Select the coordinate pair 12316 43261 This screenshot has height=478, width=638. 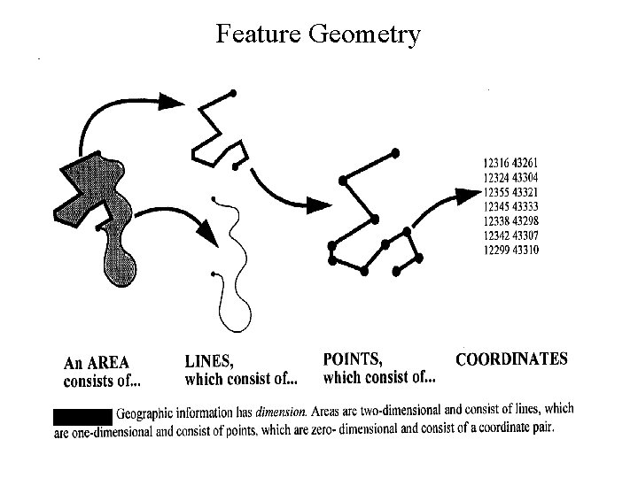(x=511, y=163)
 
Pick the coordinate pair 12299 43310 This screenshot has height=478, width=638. (x=511, y=250)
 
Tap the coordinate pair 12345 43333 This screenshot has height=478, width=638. (x=511, y=206)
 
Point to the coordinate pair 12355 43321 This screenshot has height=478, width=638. (x=511, y=192)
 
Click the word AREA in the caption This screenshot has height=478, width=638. (x=109, y=363)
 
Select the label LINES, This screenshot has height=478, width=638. (x=210, y=361)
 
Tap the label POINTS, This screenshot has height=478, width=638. (x=353, y=359)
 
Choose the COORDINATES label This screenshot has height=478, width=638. (x=511, y=359)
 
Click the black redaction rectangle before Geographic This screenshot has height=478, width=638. (x=82, y=414)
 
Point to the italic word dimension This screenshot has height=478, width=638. (x=282, y=412)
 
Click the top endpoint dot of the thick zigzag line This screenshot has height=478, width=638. (x=233, y=93)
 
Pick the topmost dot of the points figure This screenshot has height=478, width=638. (x=395, y=153)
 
